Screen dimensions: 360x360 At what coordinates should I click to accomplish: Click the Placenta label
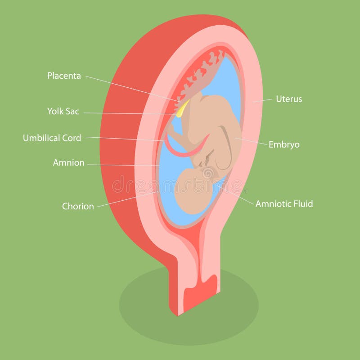click(x=64, y=76)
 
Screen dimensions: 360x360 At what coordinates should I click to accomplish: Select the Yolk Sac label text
click(x=63, y=111)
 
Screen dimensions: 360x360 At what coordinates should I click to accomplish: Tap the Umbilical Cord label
click(x=52, y=138)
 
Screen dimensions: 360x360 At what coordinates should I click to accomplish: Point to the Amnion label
click(x=68, y=163)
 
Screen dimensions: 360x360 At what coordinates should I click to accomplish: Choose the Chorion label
click(x=78, y=206)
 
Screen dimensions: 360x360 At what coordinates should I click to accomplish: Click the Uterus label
click(x=289, y=99)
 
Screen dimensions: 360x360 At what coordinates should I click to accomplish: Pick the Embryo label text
click(x=284, y=144)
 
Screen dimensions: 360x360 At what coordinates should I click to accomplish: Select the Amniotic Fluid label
click(x=284, y=204)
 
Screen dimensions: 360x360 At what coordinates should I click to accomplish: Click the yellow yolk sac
click(x=182, y=109)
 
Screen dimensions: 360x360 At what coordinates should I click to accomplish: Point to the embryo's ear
click(x=207, y=173)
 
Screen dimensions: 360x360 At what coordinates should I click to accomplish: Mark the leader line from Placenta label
click(x=130, y=88)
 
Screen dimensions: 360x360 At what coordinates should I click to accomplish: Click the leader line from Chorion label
click(x=126, y=199)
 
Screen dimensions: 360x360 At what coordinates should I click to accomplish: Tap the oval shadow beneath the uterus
click(x=148, y=310)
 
